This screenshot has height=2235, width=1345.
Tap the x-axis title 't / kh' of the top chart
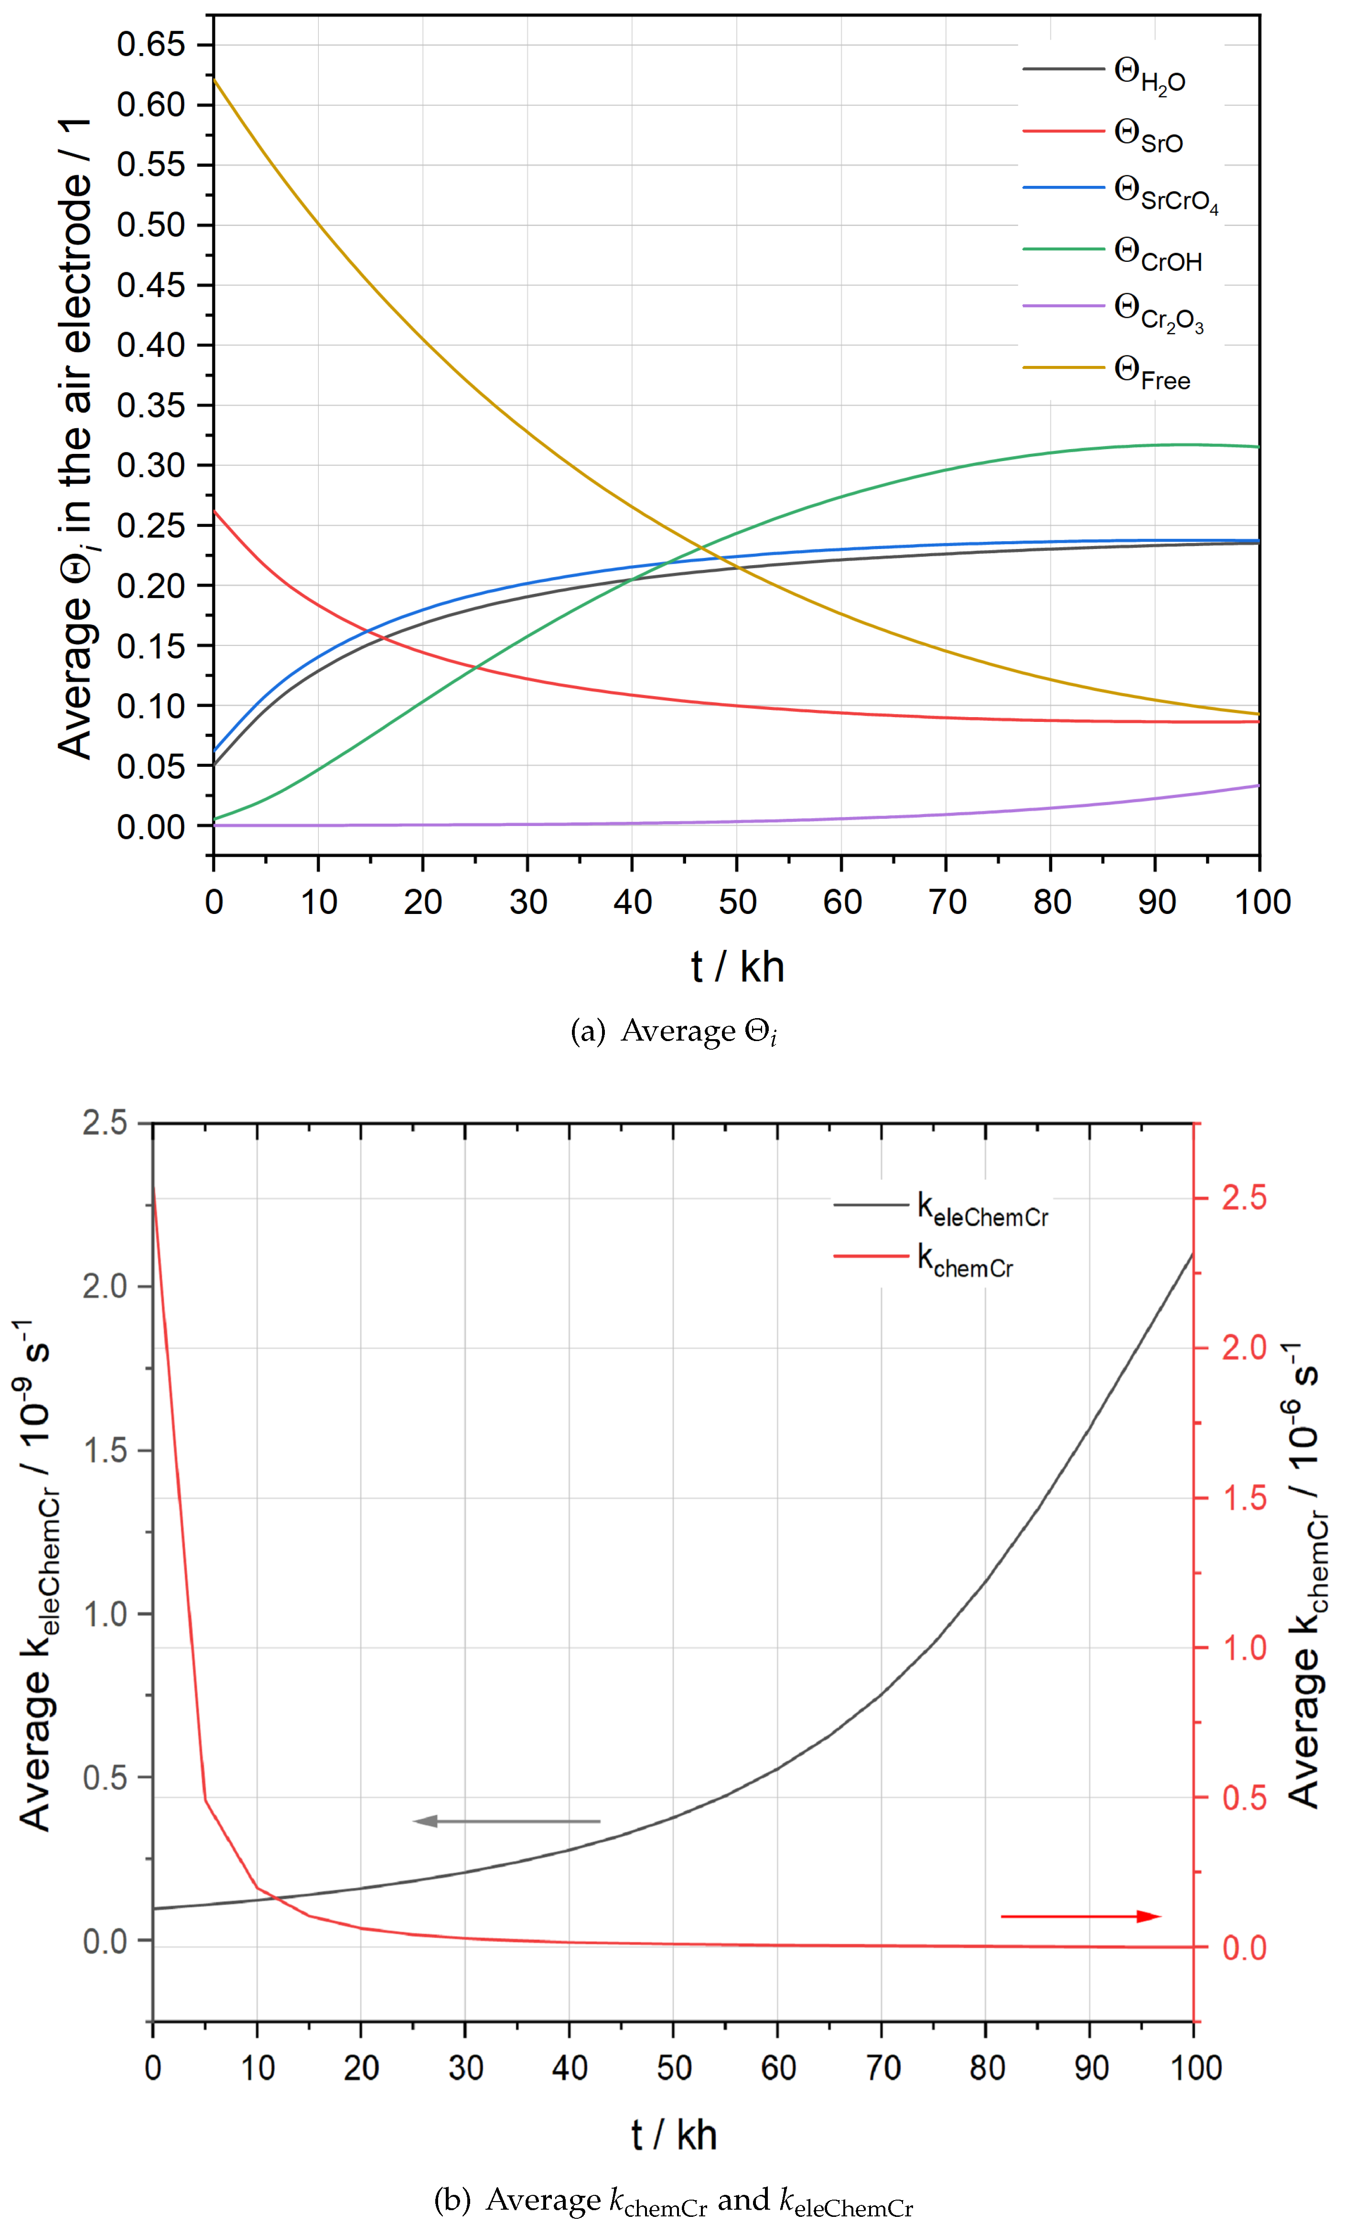pyautogui.click(x=737, y=967)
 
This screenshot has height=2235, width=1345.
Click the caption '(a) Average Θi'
pyautogui.click(x=673, y=1032)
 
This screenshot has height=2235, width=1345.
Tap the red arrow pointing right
pyautogui.click(x=1080, y=1916)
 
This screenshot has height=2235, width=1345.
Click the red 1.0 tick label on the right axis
pyautogui.click(x=1244, y=1648)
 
